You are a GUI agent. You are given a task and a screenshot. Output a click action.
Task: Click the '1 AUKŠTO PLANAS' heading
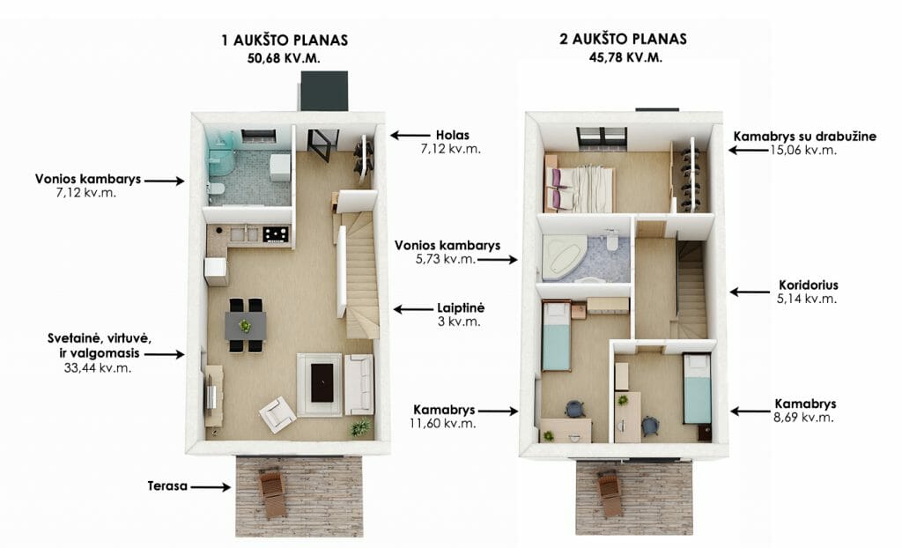pos(285,41)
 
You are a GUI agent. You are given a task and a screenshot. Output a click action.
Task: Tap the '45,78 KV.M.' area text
pos(625,57)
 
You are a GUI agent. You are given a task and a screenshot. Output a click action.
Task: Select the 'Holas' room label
pos(453,136)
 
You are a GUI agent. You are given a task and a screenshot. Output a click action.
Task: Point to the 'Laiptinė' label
pos(461,308)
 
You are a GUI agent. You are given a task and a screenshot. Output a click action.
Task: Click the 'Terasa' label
pos(167,485)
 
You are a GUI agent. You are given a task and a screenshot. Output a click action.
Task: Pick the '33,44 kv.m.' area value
pos(98,367)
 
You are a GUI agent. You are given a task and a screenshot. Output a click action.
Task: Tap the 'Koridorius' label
pos(809,285)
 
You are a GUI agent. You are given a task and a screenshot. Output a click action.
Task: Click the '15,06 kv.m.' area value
pos(803,151)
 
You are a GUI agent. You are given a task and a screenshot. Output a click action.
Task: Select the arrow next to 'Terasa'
pos(211,487)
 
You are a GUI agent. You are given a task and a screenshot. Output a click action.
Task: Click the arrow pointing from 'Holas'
pos(410,136)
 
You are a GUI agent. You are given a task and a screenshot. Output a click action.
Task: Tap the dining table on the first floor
pos(245,326)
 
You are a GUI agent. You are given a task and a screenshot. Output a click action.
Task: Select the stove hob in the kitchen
pos(276,233)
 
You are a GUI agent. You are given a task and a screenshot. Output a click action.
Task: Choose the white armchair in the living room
pos(278,414)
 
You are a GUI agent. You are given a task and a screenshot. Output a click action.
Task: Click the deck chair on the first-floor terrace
pos(271,492)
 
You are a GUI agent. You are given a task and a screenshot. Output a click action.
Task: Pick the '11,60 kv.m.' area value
pos(442,424)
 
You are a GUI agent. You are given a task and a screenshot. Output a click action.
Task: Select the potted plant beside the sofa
pos(360,426)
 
